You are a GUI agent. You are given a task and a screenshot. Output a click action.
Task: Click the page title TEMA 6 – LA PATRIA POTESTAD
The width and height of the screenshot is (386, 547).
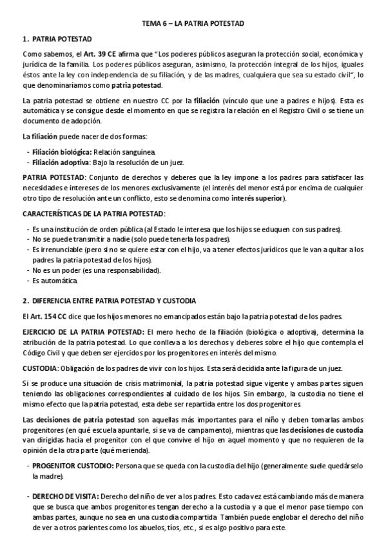193,23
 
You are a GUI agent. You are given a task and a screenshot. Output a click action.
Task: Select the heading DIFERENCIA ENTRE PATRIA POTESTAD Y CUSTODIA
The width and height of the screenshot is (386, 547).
113,301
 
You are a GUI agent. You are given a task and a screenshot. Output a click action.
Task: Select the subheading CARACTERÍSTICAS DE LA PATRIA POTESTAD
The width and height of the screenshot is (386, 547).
93,213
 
